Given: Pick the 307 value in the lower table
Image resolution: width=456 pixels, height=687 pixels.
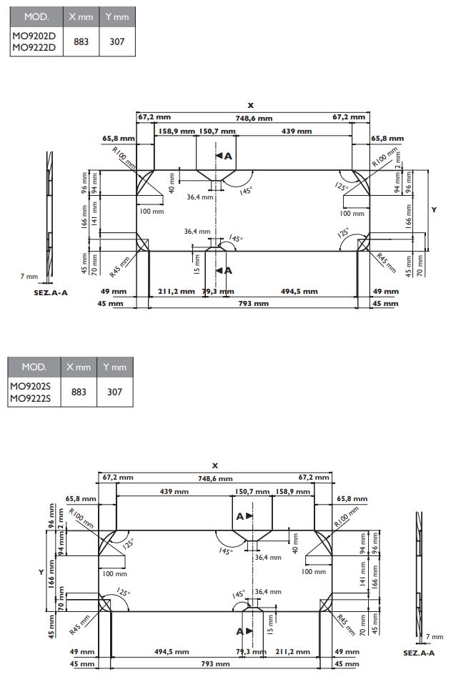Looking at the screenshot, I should (114, 392).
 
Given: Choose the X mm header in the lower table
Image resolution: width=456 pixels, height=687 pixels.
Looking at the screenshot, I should (79, 367).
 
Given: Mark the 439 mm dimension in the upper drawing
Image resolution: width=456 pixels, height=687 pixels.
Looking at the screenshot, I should (296, 132).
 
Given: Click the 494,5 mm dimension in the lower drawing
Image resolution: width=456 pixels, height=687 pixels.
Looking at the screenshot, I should (172, 651).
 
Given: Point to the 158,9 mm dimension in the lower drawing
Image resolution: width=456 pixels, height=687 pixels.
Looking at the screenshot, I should (292, 492).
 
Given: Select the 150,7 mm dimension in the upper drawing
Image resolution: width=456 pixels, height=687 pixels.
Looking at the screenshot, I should (217, 132).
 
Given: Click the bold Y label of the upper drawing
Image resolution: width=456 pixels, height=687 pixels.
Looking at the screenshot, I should (434, 209).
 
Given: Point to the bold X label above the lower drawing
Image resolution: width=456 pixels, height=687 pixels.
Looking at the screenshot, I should (215, 465).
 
